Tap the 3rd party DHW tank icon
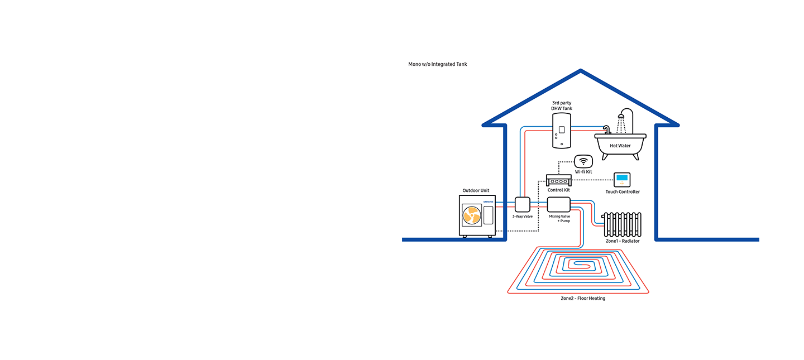(x=562, y=131)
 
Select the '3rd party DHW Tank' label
(x=562, y=105)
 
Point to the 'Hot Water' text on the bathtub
(x=620, y=146)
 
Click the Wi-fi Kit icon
(x=583, y=161)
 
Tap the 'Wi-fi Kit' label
(x=583, y=172)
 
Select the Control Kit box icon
(x=558, y=180)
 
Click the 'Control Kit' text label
(x=558, y=190)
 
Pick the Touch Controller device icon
(x=622, y=180)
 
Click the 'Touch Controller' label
(x=623, y=192)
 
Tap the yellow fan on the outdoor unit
(x=472, y=215)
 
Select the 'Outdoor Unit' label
(x=476, y=190)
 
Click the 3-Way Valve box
(x=523, y=204)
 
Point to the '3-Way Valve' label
(x=523, y=216)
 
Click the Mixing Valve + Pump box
(x=558, y=204)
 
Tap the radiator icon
(x=623, y=224)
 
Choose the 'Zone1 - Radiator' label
(x=623, y=241)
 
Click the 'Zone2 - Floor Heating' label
(x=583, y=299)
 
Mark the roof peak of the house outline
(x=581, y=71)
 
